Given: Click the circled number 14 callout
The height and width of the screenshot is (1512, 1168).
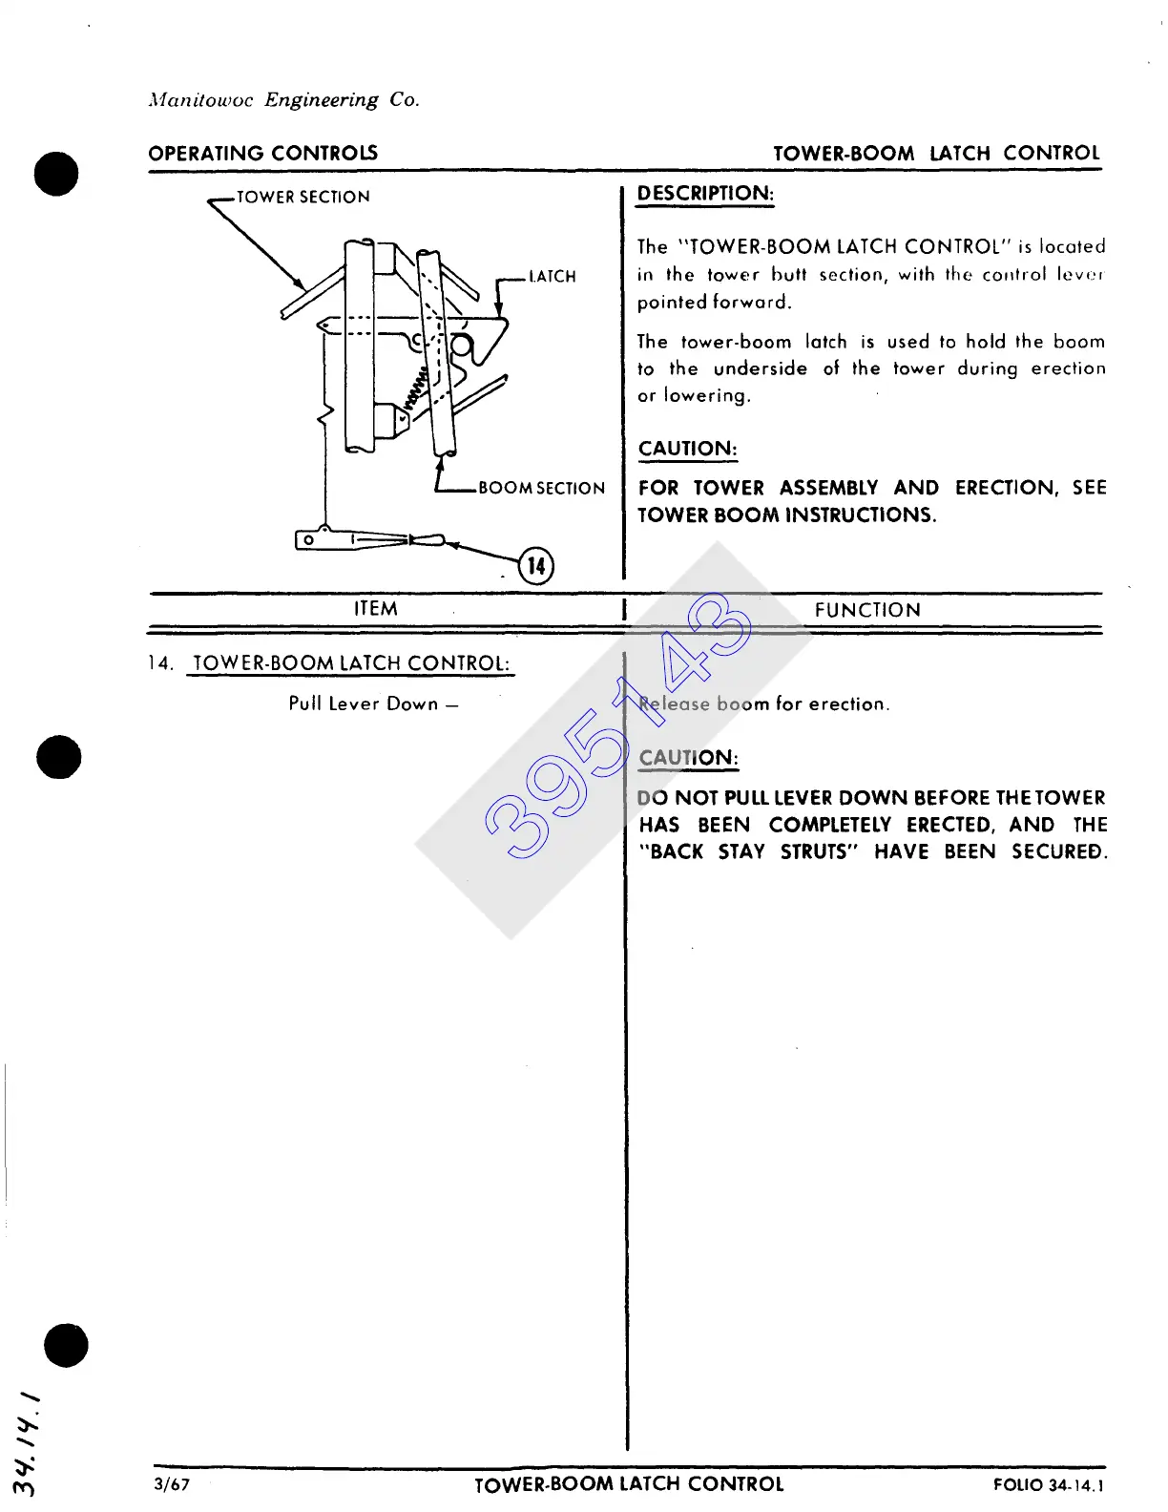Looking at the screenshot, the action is click(x=536, y=566).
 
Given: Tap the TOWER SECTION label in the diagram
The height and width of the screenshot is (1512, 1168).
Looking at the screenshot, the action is click(x=302, y=198).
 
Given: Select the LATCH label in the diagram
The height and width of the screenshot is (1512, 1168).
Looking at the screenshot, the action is click(x=552, y=277).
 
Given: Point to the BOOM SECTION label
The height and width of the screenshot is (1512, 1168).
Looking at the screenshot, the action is click(x=541, y=489).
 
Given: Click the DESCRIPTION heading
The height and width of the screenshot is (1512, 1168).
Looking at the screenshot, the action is click(x=705, y=194).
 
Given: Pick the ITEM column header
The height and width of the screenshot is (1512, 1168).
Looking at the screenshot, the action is click(x=376, y=609).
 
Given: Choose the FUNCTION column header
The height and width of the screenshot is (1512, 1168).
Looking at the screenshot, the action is click(x=867, y=611).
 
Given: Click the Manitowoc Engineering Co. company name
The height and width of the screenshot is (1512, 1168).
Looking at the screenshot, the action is click(x=283, y=100).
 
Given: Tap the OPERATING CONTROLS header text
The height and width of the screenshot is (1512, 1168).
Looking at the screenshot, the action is click(x=262, y=154).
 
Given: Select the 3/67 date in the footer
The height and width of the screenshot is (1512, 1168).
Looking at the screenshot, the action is click(x=172, y=1484).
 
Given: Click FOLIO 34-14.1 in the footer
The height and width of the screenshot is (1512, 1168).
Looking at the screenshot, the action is click(x=1048, y=1485).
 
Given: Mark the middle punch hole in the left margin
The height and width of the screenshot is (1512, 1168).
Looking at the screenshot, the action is click(x=59, y=757).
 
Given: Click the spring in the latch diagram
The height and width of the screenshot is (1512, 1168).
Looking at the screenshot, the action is click(x=417, y=389).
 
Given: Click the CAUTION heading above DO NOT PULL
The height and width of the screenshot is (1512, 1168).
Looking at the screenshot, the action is click(x=688, y=759).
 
